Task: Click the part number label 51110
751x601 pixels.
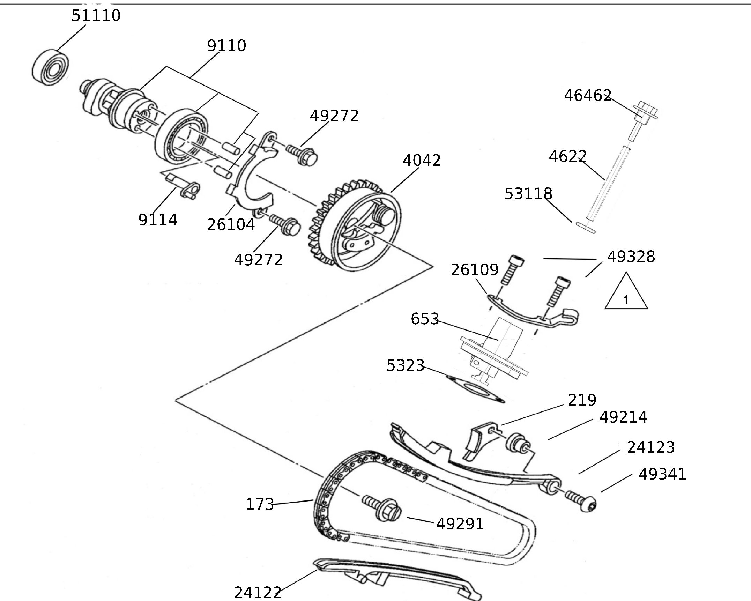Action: coord(96,16)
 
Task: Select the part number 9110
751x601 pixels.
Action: coord(226,46)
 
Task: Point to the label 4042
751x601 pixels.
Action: coord(422,160)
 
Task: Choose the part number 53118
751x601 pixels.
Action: coord(528,194)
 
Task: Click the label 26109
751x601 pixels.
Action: coord(475,270)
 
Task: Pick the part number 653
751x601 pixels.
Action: coord(425,319)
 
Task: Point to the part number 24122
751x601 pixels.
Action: coord(258,592)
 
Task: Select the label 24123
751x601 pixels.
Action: coord(651,447)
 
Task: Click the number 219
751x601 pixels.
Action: coord(582,400)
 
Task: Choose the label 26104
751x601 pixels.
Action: coord(231,224)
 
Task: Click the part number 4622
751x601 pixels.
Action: coord(568,156)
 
